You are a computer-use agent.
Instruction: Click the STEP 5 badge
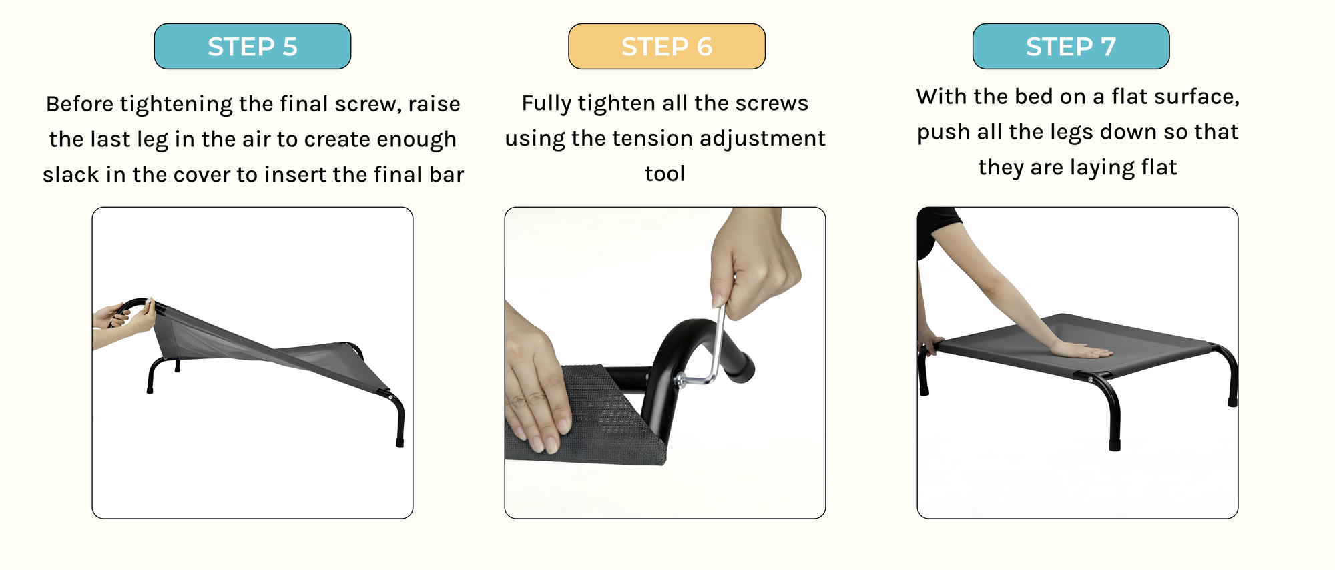click(x=252, y=47)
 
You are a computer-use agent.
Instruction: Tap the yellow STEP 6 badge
click(x=667, y=47)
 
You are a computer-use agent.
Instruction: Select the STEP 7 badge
click(x=1071, y=47)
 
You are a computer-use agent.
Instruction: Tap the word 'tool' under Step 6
click(x=665, y=174)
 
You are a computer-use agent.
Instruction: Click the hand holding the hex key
click(x=754, y=264)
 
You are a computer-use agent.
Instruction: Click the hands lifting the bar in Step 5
click(x=127, y=318)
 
